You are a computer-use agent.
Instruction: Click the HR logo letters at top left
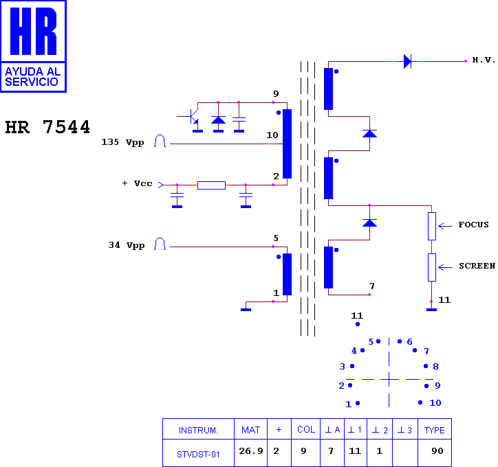[33, 31]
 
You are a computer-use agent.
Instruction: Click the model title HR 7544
[47, 127]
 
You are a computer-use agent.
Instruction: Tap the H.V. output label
[484, 60]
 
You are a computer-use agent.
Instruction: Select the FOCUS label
[473, 225]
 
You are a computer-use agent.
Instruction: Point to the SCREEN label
[477, 266]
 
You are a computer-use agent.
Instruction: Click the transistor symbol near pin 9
[192, 117]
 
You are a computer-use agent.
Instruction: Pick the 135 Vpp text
[122, 142]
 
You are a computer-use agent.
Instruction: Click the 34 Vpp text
[127, 245]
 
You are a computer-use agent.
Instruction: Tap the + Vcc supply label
[137, 183]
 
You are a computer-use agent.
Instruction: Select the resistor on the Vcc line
[211, 185]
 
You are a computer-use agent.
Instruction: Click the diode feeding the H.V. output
[407, 61]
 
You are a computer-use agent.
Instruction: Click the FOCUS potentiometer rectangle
[431, 226]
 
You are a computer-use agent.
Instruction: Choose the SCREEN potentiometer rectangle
[431, 267]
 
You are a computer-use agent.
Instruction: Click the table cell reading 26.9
[251, 451]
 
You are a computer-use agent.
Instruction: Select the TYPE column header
[435, 430]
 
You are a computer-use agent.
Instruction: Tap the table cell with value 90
[437, 451]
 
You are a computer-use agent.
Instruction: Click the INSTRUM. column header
[198, 430]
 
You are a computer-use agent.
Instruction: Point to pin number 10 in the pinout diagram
[435, 403]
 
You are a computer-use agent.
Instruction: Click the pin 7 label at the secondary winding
[372, 286]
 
